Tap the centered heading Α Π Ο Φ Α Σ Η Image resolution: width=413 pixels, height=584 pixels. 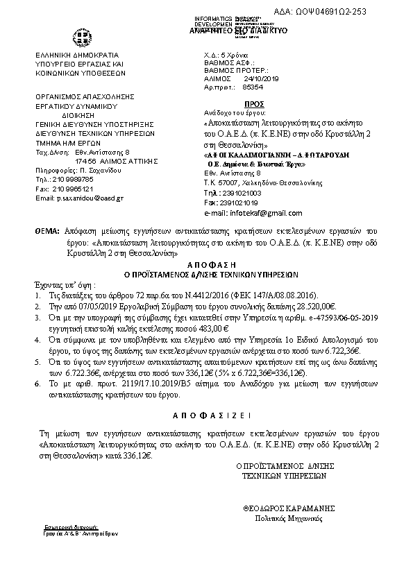tap(206, 265)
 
